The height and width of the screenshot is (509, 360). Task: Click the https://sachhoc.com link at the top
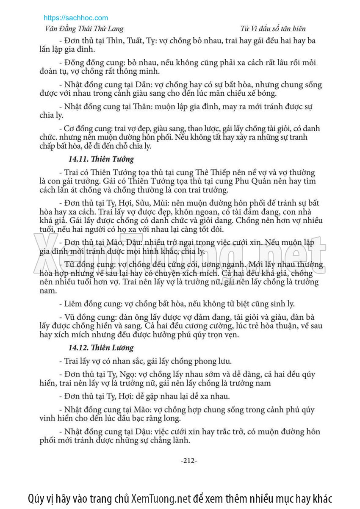(76, 18)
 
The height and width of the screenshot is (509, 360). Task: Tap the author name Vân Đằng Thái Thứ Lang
(84, 29)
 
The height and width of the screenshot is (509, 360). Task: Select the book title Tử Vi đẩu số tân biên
(273, 29)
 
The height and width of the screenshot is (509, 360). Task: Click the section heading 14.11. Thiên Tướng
(101, 159)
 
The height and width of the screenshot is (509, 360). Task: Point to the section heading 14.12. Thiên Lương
(101, 348)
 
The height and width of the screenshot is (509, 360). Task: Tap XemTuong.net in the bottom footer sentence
(161, 498)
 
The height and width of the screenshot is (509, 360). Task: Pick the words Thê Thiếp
(213, 172)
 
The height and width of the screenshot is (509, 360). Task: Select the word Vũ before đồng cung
(69, 317)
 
